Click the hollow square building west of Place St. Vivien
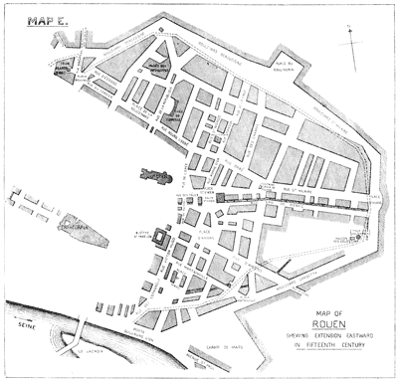click(158, 239)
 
